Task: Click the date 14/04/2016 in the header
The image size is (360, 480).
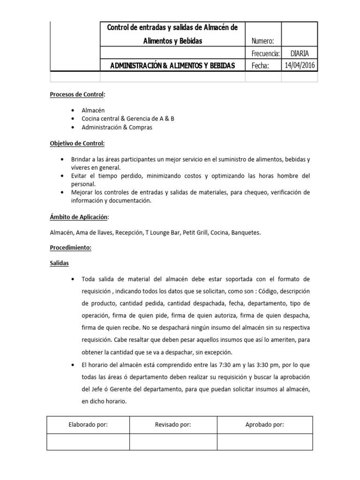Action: tap(300, 65)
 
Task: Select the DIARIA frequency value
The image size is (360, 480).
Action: tap(300, 53)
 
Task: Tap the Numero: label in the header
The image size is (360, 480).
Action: tap(266, 41)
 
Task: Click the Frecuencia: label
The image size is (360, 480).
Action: tap(266, 53)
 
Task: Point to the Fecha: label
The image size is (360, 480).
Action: tap(261, 66)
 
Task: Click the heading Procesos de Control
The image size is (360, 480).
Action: tap(77, 95)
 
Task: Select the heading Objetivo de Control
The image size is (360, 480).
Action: tap(77, 143)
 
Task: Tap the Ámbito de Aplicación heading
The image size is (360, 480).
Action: tap(79, 217)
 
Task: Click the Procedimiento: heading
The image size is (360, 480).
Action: tap(71, 248)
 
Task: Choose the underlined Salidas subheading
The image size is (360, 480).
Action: tap(60, 263)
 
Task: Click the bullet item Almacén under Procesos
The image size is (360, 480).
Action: tap(93, 111)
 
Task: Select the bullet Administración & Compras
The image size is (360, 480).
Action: tap(117, 127)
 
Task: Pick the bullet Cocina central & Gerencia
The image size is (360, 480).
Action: tap(127, 119)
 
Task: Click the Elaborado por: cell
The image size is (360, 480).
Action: tap(88, 425)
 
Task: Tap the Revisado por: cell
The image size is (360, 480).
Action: tap(173, 425)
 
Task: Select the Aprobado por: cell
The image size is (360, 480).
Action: tap(265, 425)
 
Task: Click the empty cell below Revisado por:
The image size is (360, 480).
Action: tap(173, 442)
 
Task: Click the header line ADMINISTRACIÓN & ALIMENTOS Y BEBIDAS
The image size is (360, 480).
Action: tap(172, 66)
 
